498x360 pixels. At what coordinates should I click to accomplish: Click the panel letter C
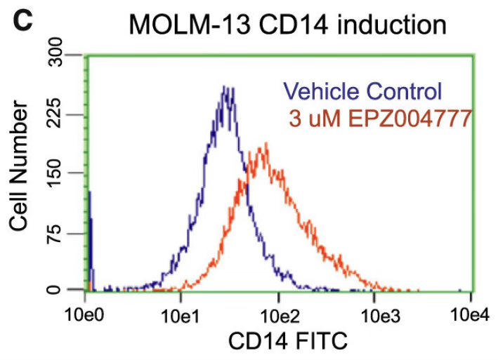(x=21, y=19)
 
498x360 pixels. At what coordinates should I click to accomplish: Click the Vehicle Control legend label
(x=362, y=91)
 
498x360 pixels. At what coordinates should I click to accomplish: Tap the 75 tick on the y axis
(x=65, y=232)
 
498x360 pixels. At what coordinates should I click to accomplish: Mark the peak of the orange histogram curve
(x=266, y=144)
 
